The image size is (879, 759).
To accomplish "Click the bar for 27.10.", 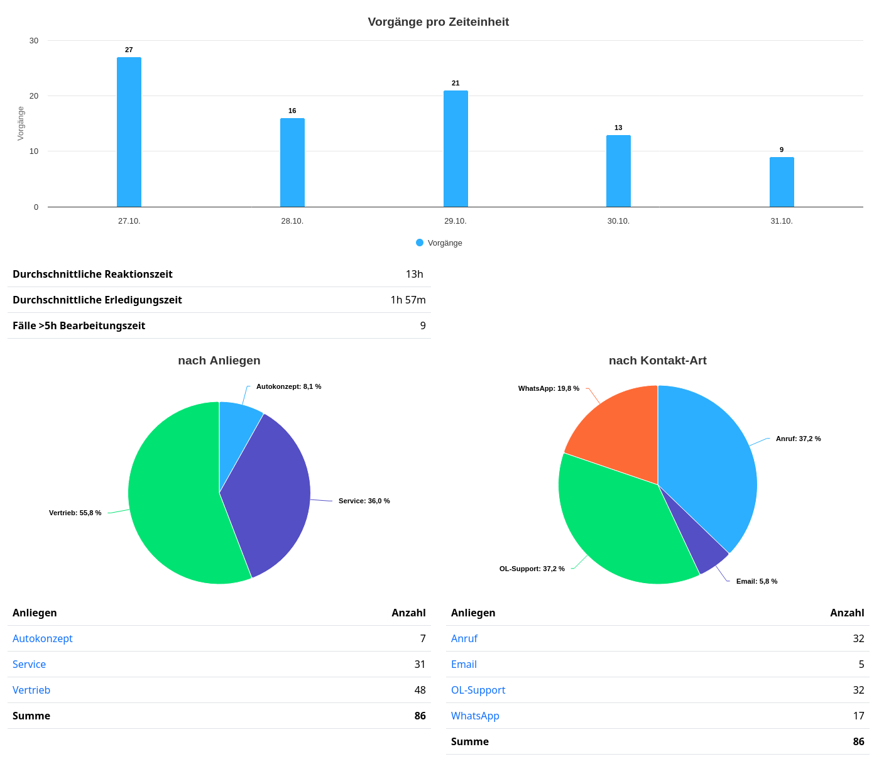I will point(129,132).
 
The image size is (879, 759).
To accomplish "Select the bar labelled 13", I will point(618,171).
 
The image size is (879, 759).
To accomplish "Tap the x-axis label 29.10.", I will point(455,221).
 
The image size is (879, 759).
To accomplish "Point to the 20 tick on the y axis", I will point(34,96).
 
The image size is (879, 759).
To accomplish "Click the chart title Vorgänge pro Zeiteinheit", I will point(438,22).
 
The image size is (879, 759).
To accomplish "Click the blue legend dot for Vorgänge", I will point(420,243).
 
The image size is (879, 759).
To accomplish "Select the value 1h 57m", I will point(408,300).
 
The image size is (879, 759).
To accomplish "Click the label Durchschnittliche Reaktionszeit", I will point(92,274).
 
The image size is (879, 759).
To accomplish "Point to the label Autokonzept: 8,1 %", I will point(288,386).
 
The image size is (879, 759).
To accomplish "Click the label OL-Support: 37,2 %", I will point(532,569).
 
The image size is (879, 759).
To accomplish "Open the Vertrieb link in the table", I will point(31,690).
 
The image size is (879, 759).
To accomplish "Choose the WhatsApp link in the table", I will point(475,716).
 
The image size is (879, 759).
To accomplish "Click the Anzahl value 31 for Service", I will point(420,664).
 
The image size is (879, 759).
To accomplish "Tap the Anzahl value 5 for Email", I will point(861,664).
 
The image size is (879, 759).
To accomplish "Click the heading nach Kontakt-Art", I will point(657,361).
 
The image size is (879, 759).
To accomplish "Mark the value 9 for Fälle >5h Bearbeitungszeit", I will point(423,325).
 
